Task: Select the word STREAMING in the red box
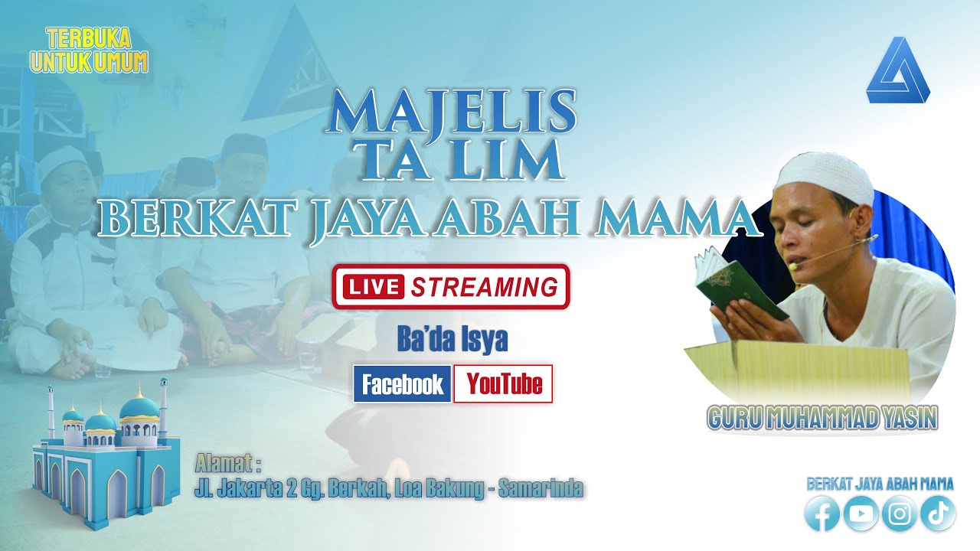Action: point(484,287)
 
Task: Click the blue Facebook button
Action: point(402,384)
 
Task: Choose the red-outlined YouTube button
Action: point(503,384)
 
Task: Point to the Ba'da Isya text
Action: point(452,340)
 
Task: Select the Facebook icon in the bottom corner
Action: point(822,515)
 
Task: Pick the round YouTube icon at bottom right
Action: point(861,515)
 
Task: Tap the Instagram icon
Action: point(900,515)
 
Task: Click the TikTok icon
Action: point(938,515)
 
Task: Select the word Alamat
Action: point(227,464)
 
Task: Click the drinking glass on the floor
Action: point(305,356)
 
